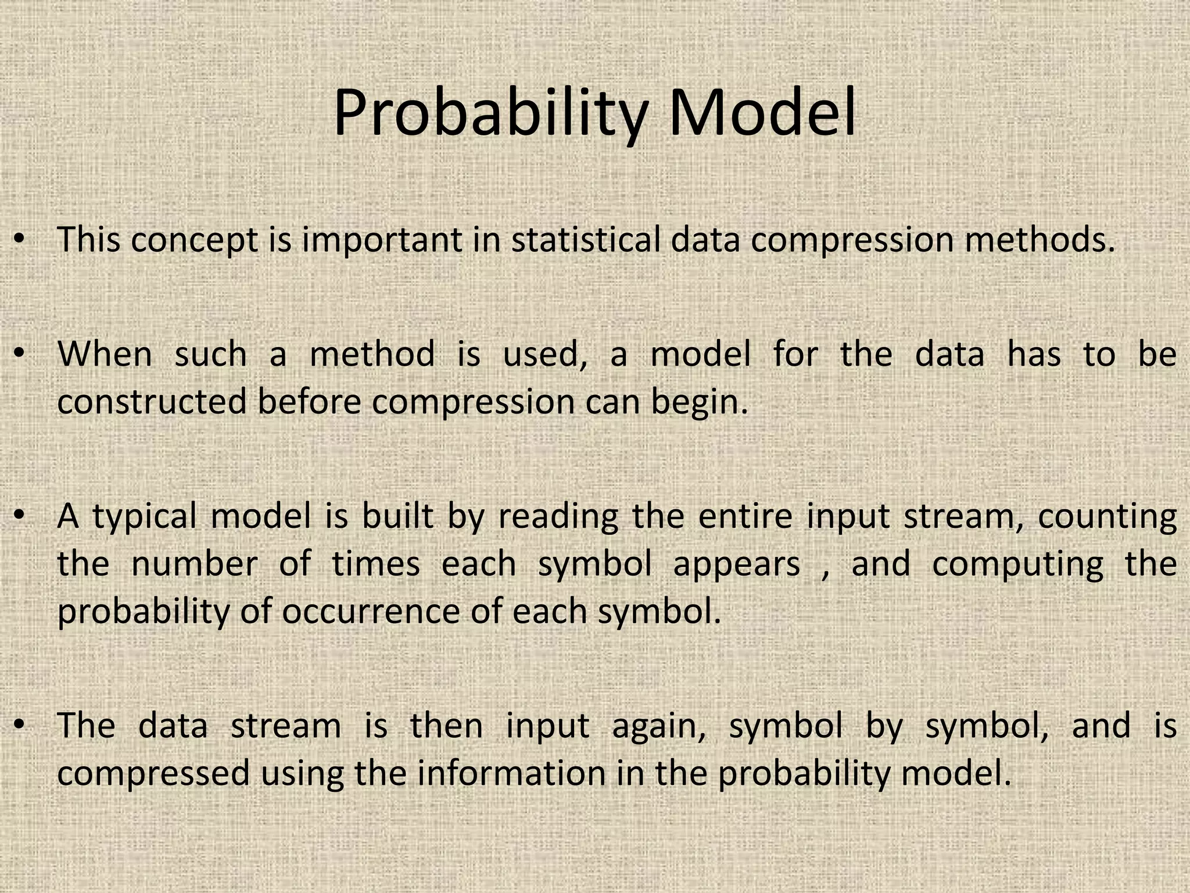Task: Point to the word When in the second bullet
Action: (x=105, y=354)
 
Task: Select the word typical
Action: (x=146, y=517)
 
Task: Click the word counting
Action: (x=1107, y=517)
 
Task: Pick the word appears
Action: (x=736, y=565)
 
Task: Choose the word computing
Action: (x=1017, y=565)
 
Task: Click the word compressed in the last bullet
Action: (x=153, y=774)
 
